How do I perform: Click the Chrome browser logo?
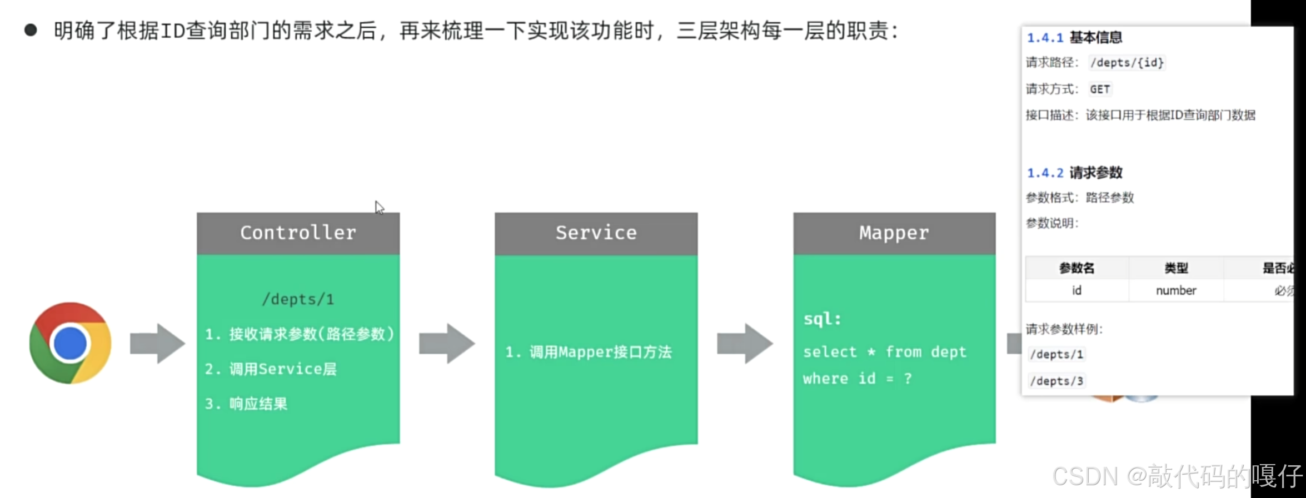(x=71, y=343)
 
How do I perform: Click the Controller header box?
(x=298, y=233)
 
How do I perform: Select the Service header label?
(x=596, y=233)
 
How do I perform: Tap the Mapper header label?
(x=894, y=233)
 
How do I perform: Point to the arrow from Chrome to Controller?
(x=157, y=344)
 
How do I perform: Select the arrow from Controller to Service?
(x=447, y=344)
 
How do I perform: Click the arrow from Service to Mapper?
(x=745, y=344)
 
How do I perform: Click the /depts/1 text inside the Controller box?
(x=298, y=300)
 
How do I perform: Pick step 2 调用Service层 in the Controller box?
(x=271, y=369)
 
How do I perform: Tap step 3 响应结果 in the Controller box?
(x=246, y=404)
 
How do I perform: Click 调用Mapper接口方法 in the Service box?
(x=589, y=352)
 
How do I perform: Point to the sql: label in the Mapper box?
(x=822, y=319)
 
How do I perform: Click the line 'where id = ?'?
(x=857, y=379)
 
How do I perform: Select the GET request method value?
(x=1099, y=89)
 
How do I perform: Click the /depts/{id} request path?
(x=1126, y=63)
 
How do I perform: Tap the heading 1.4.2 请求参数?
(x=1074, y=173)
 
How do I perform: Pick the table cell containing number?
(x=1176, y=290)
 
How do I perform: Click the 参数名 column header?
(x=1076, y=268)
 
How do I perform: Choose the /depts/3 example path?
(x=1056, y=381)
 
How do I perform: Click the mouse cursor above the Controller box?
(x=380, y=208)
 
